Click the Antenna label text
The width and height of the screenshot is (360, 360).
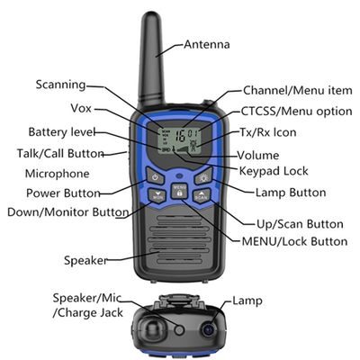coord(207,44)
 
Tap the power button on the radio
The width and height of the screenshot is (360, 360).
coord(155,176)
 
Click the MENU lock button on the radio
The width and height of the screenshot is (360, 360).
coord(179,191)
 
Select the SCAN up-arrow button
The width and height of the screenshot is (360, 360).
coord(202,196)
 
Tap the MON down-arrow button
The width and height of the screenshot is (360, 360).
coord(157,196)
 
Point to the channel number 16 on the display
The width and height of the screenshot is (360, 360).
coord(180,136)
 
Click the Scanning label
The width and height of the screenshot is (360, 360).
coord(61,85)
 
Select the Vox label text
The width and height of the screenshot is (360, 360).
coord(81,108)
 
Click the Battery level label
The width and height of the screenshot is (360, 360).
coord(62,132)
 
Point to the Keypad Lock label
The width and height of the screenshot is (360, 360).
coord(274,171)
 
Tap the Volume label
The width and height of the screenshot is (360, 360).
coord(258,156)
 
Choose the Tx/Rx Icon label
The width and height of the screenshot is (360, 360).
coord(267,132)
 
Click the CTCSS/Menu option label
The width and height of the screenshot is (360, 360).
coord(296,112)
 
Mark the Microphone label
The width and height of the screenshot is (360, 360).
coord(57,174)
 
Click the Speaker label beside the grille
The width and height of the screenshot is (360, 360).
coord(85,260)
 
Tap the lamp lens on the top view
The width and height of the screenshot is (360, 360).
coord(209,330)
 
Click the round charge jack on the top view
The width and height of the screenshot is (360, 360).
coord(179,330)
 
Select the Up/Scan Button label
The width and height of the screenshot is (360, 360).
coord(300,224)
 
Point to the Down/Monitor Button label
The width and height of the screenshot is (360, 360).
coord(68,212)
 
